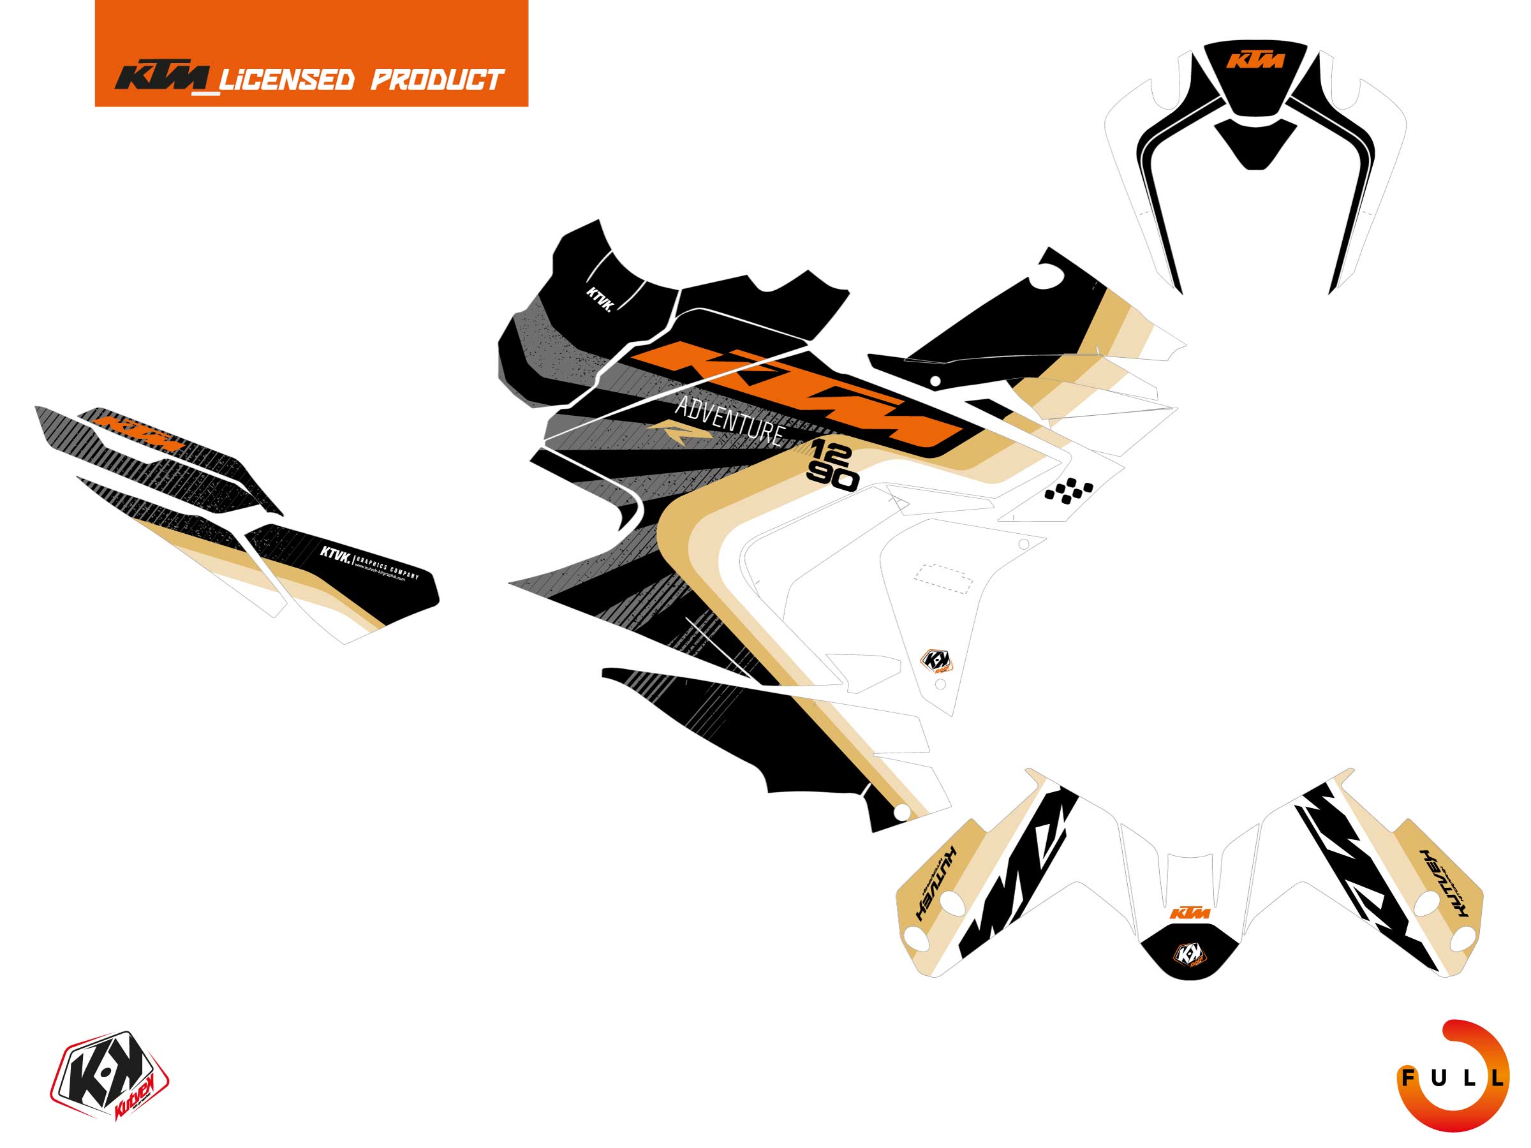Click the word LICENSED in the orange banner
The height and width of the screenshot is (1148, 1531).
(x=286, y=80)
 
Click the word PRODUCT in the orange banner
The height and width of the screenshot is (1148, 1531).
(x=437, y=80)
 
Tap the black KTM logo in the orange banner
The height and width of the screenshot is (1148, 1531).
(x=163, y=78)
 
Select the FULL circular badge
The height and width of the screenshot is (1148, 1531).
(x=1453, y=1077)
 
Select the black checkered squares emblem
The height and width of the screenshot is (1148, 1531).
(x=1069, y=490)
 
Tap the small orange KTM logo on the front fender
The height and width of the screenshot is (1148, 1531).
(x=1190, y=913)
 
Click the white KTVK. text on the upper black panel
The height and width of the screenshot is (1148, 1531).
(x=600, y=300)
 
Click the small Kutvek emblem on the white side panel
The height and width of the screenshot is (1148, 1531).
(x=936, y=661)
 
